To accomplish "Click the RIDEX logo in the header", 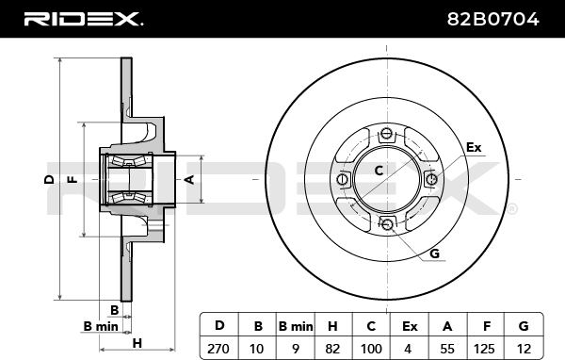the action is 83,19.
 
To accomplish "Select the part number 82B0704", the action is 492,19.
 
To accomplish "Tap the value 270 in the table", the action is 218,349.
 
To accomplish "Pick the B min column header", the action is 296,326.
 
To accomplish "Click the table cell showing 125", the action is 484,349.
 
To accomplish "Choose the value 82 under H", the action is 332,349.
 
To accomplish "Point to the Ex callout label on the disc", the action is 474,148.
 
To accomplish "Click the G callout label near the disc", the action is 435,254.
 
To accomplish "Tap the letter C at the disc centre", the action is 379,171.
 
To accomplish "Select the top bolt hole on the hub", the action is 387,134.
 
